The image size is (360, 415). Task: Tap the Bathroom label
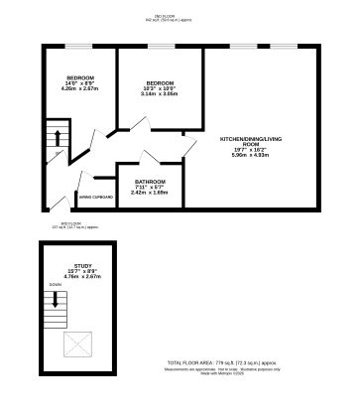150,182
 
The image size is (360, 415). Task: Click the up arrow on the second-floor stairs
58,136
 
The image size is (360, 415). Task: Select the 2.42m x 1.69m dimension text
150,194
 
